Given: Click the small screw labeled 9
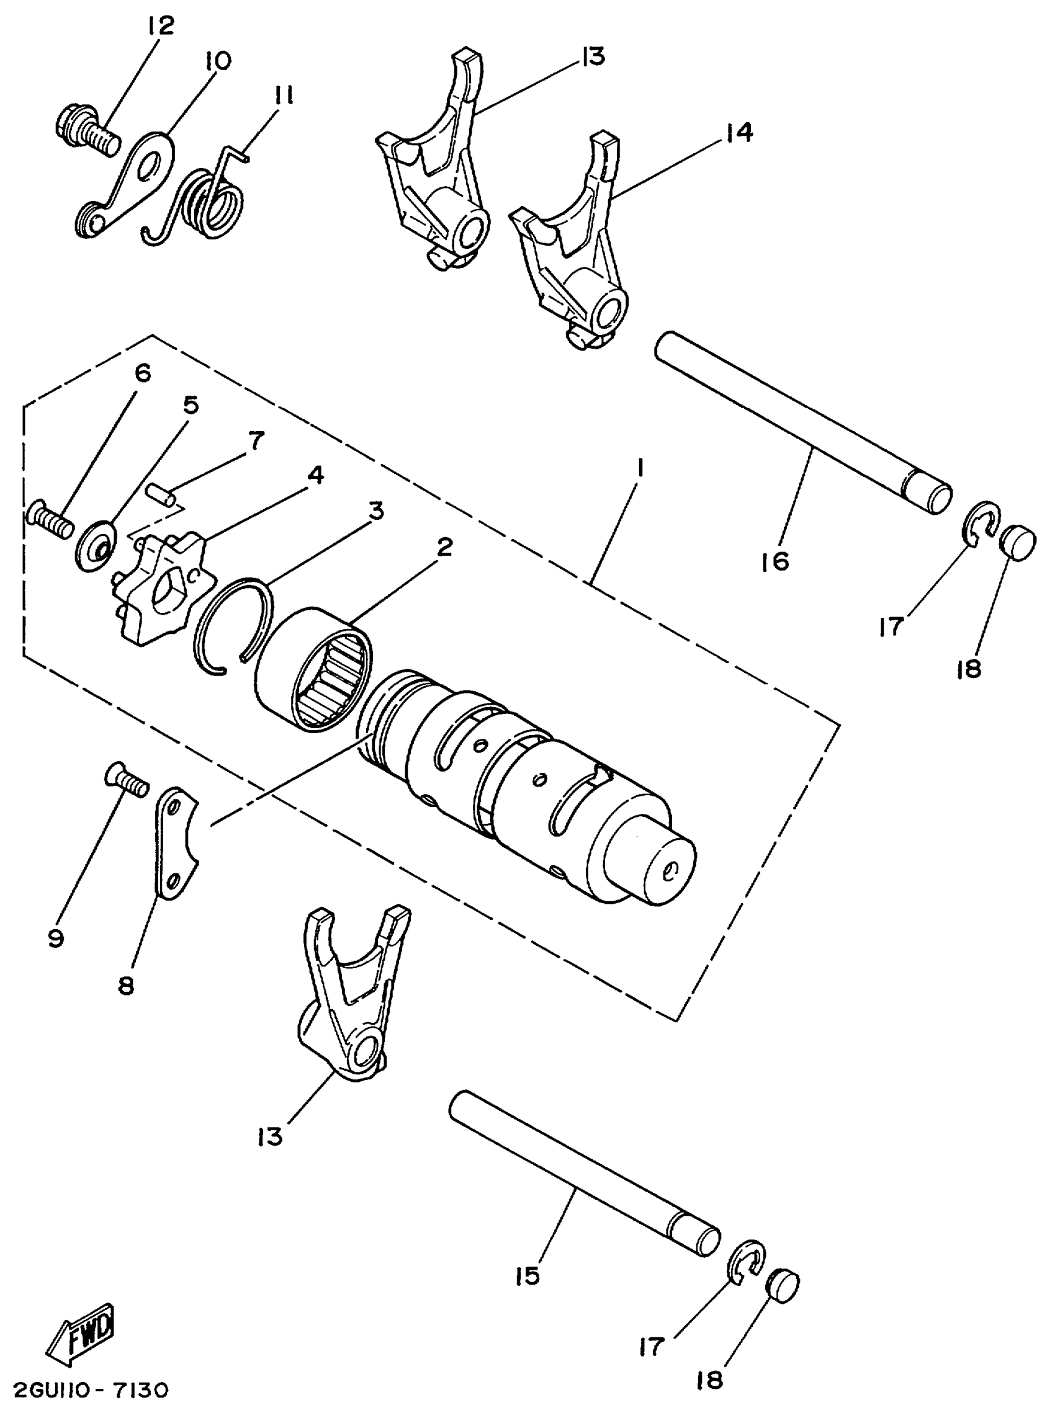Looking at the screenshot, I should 125,780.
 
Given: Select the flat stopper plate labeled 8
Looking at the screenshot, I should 175,845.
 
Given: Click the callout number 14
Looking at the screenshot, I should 739,132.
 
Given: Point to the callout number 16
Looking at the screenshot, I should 774,561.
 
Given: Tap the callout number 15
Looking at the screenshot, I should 529,1276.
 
